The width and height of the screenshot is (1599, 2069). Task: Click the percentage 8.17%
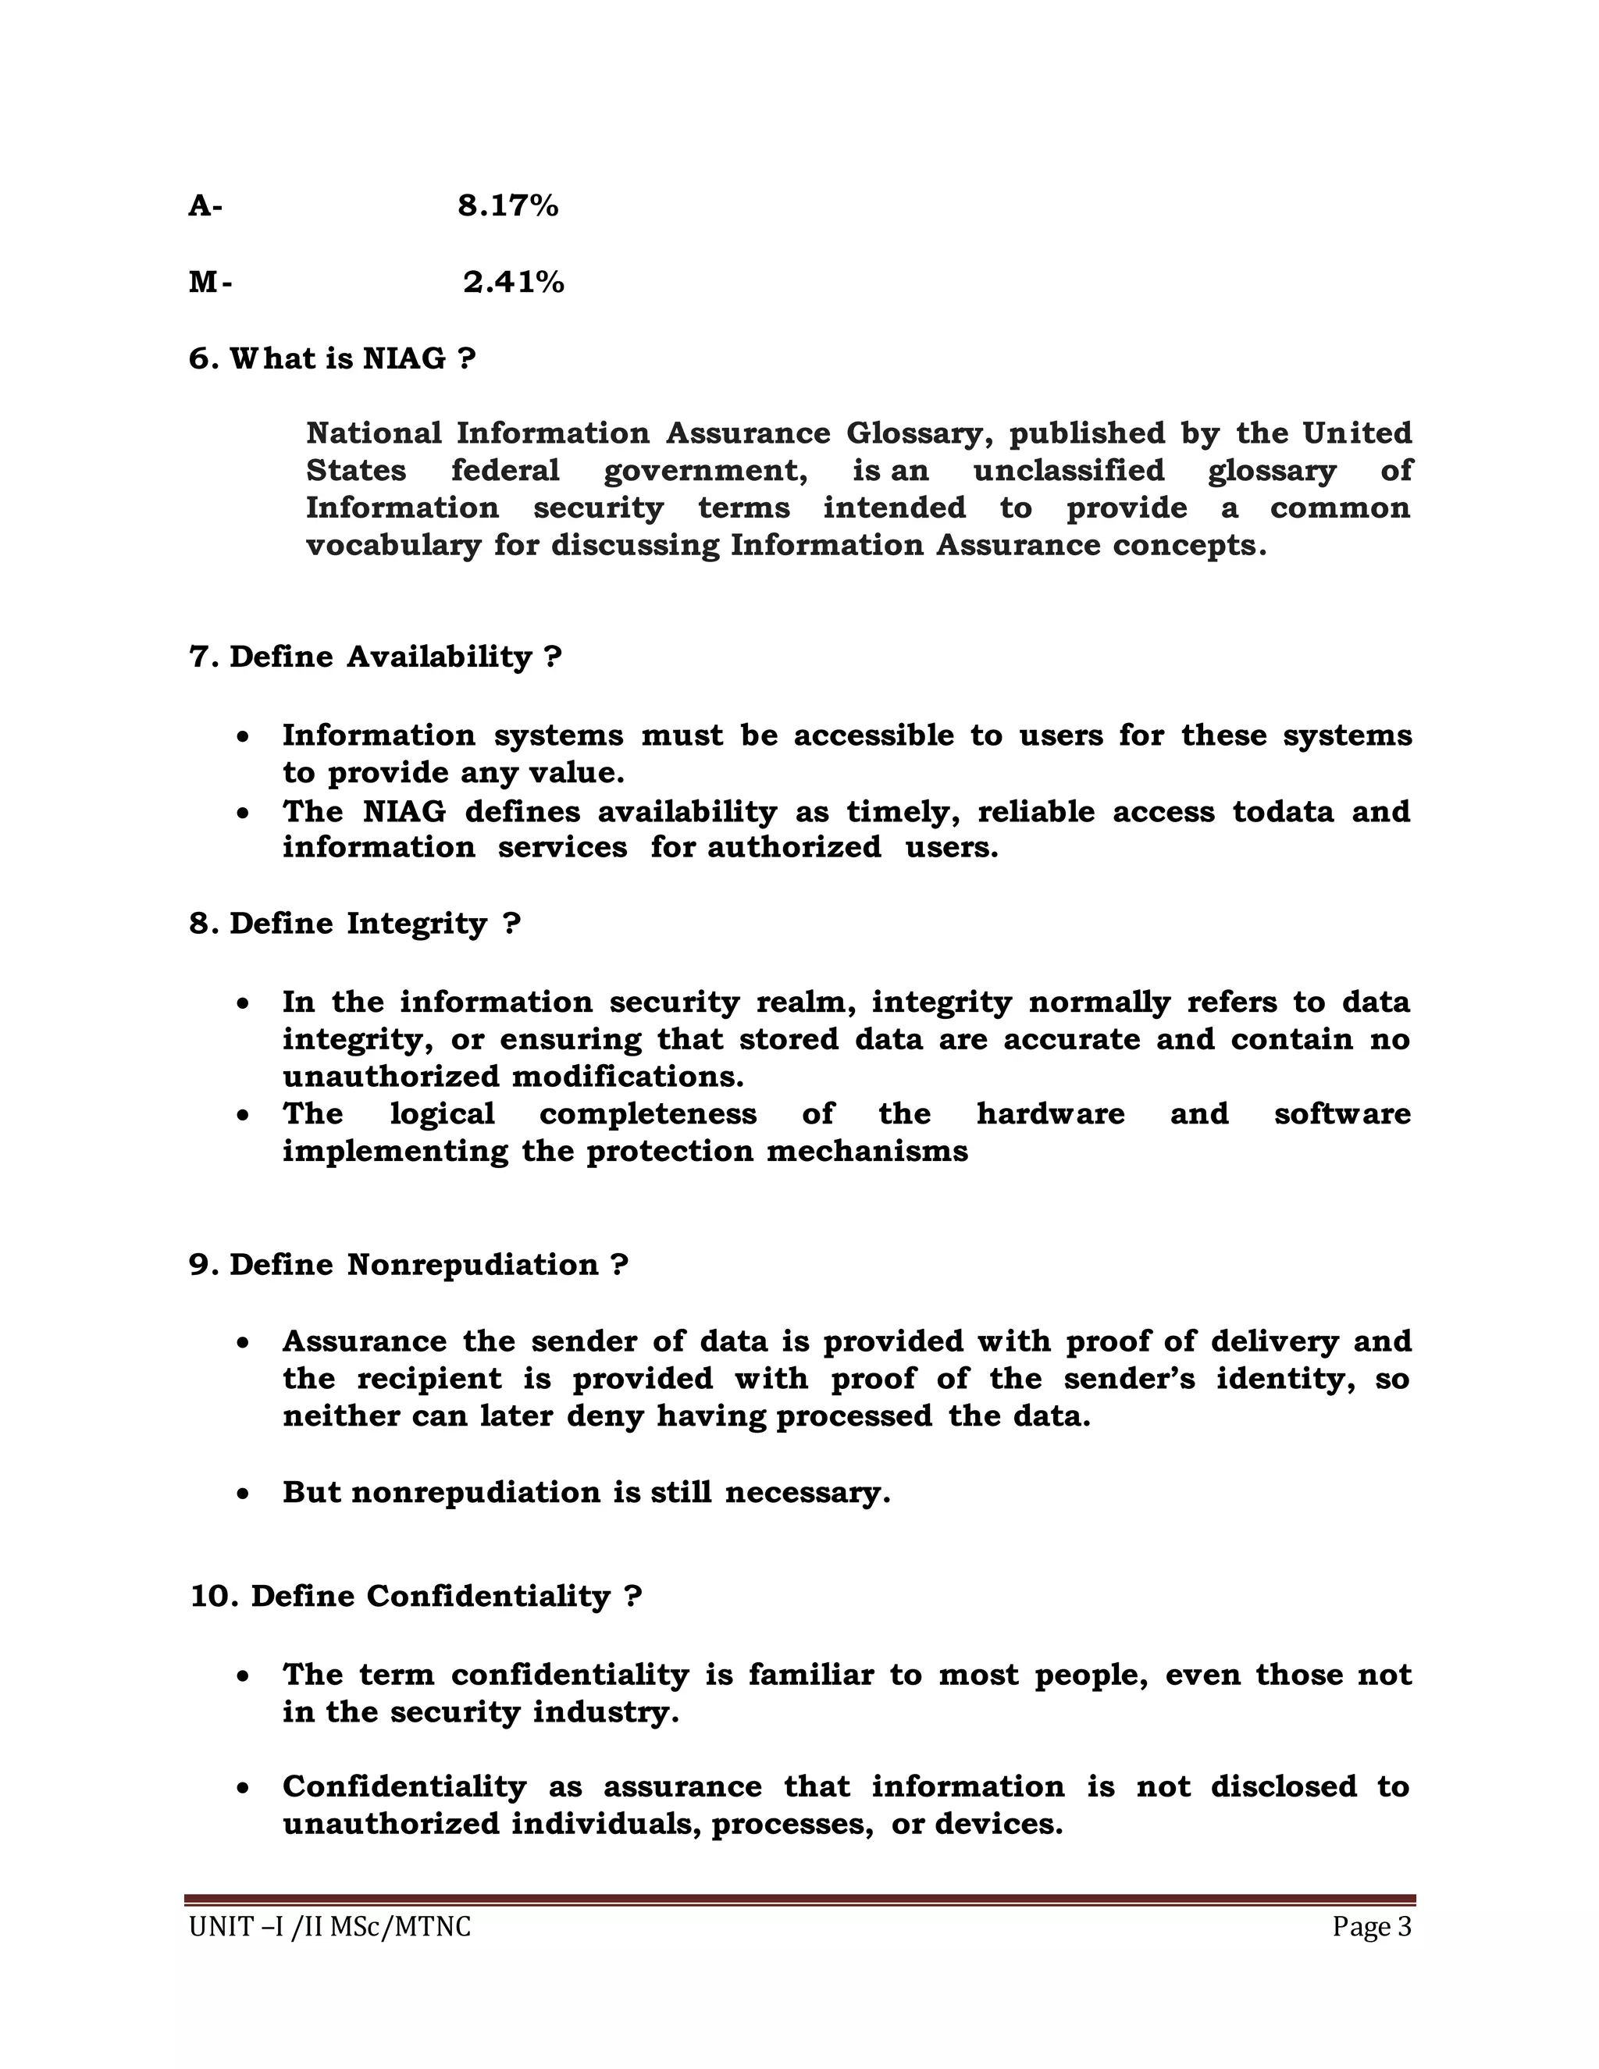point(507,205)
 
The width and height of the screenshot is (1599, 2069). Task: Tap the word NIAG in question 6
point(404,358)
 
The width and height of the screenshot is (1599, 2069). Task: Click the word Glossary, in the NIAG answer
point(920,433)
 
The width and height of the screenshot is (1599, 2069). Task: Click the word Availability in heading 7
point(440,656)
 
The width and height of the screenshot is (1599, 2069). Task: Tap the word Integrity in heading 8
point(417,923)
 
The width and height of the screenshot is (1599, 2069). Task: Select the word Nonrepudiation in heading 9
point(472,1264)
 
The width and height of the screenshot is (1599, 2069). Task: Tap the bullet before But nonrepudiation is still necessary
point(244,1494)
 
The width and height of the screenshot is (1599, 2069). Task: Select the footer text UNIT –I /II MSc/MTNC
point(329,1927)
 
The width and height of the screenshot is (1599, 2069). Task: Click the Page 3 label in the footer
point(1372,1927)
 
